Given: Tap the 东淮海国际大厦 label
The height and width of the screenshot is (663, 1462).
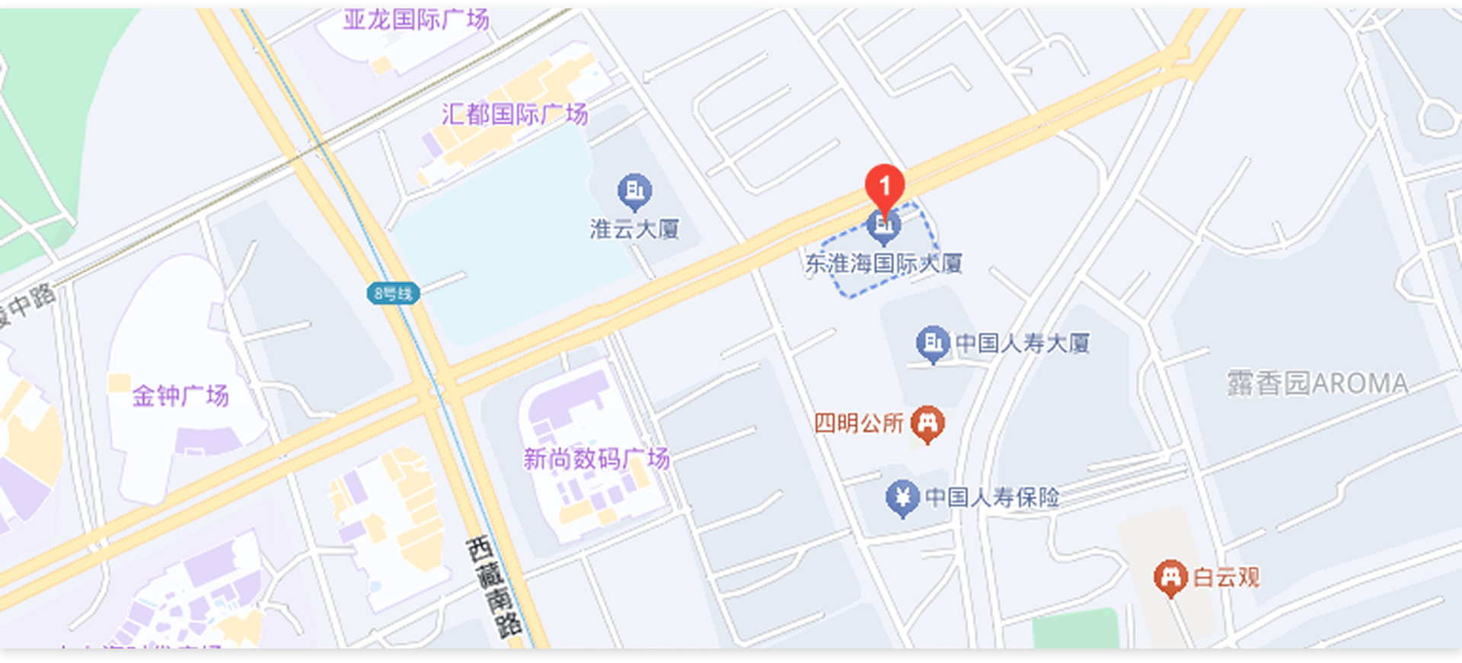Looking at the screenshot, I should coord(883,264).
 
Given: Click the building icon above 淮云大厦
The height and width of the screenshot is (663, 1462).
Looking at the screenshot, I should coord(634,191).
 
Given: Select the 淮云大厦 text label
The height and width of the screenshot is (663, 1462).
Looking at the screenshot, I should coord(634,229).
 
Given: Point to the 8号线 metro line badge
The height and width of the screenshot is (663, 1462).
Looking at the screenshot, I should coord(393,293).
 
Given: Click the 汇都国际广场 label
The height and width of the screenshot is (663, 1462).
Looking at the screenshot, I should coord(515,114).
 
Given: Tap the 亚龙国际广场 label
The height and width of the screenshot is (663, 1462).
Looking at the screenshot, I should coord(416,19).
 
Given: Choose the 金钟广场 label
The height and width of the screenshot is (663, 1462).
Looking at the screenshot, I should coord(180,396).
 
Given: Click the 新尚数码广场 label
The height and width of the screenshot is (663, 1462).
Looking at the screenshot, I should coord(596,459).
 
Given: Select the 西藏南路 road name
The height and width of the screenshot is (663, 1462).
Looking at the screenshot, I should coord(494,586).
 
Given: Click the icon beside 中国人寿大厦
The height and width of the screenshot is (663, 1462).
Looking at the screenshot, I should coord(932,343).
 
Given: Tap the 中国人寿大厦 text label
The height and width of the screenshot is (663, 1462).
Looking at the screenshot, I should coord(1023,344).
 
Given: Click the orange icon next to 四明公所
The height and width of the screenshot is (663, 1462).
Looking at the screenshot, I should coord(927,422).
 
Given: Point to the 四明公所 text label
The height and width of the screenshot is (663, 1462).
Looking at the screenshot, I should coord(858,423).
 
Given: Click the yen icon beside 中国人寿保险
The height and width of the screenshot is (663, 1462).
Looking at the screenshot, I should coord(902,498).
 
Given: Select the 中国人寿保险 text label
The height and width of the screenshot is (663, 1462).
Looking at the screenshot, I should coord(992,498).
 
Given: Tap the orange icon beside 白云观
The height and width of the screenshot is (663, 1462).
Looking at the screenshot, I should coord(1170,578).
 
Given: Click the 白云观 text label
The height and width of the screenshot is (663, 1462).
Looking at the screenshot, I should coord(1226,578).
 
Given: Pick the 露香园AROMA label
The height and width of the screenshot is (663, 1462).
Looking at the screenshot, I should coord(1317,383).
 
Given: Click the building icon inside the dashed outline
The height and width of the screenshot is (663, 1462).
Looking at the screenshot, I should coord(883,226).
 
